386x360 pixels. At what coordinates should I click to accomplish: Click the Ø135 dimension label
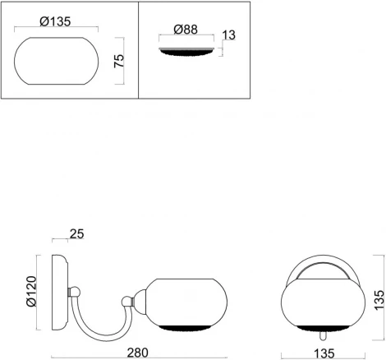tap(55, 21)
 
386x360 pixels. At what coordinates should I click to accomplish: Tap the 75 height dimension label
tap(119, 61)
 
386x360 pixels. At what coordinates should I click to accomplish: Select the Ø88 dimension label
tap(186, 30)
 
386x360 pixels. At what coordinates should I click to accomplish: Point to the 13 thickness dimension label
tap(229, 35)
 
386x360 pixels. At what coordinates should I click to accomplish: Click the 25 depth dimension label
tap(76, 233)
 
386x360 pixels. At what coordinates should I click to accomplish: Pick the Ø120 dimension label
tap(31, 291)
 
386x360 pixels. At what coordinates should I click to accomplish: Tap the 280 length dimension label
tap(138, 353)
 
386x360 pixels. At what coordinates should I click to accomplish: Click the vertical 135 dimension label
tap(379, 300)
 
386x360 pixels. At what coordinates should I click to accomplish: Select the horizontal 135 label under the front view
tap(324, 353)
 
